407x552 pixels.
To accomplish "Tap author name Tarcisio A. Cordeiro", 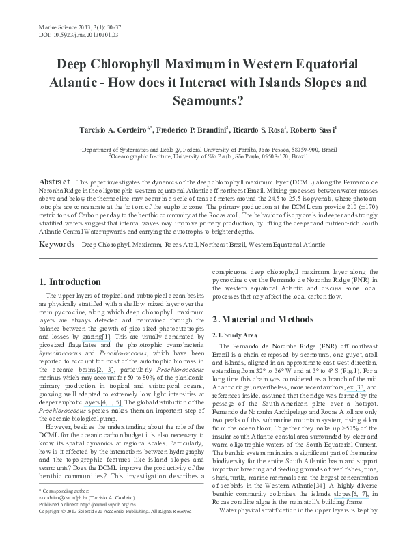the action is (x=113, y=129).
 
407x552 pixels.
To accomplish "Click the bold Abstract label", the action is (x=55, y=182).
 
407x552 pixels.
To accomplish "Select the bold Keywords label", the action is (x=56, y=244).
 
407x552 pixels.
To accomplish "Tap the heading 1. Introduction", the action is (x=70, y=281).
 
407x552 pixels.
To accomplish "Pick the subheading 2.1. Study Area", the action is (x=236, y=335).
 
